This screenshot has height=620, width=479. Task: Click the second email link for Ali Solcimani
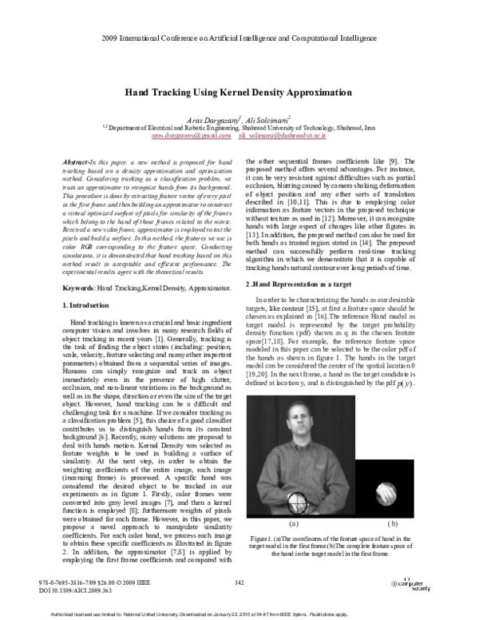pyautogui.click(x=283, y=136)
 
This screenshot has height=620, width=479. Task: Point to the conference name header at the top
pyautogui.click(x=239, y=38)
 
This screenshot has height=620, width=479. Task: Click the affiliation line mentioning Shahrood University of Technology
pyautogui.click(x=239, y=127)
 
